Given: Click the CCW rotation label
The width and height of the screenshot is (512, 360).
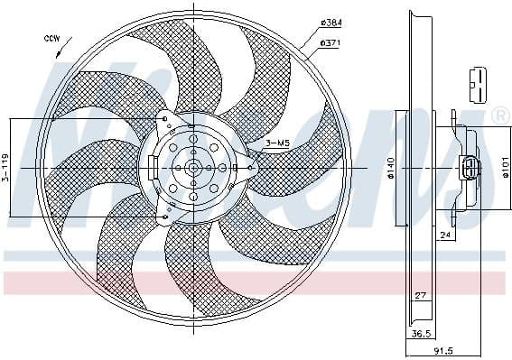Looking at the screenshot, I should pos(51,38).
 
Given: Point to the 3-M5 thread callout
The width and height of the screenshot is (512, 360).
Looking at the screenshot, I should pos(277,142).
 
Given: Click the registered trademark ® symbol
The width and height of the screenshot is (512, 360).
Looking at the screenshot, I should pos(499,115).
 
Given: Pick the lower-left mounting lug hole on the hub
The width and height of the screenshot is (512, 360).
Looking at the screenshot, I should pos(163,217).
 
